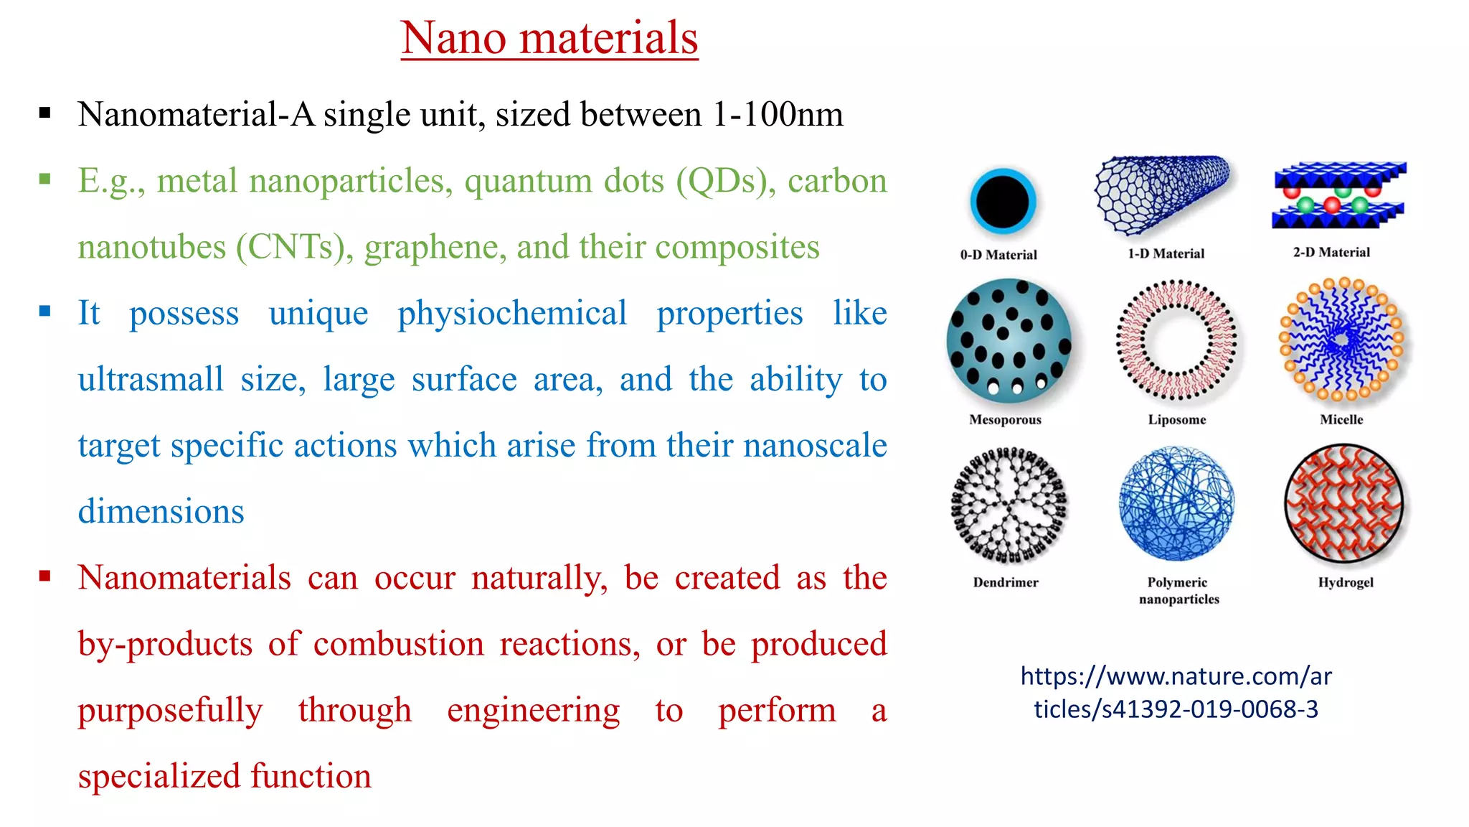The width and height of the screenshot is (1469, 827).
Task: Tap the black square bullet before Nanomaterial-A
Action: tap(45, 113)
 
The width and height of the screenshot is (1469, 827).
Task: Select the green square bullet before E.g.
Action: tap(45, 179)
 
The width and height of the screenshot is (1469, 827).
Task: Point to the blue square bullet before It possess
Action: tap(45, 311)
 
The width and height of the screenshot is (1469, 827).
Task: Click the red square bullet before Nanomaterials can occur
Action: tap(45, 576)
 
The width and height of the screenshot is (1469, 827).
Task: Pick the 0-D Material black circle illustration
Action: tap(1003, 202)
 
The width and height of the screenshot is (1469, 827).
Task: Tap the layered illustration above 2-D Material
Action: tap(1338, 195)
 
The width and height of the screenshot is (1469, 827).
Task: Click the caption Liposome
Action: tap(1176, 419)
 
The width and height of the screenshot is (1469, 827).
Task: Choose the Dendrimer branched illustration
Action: tap(1009, 505)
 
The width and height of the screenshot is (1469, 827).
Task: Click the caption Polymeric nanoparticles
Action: tap(1178, 590)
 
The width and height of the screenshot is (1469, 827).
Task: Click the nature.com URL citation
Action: tap(1176, 692)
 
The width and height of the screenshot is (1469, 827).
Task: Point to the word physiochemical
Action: tap(512, 313)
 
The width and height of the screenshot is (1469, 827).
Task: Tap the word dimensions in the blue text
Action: tap(161, 512)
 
